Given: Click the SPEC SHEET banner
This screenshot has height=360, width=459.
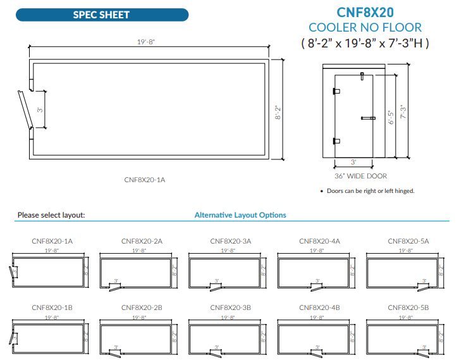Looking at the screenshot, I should click(101, 14).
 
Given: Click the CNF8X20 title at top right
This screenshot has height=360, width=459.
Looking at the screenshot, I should click(364, 12).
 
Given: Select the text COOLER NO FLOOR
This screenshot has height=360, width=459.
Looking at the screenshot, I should click(365, 28).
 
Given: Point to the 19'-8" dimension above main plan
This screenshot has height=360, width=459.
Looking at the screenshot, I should click(147, 42).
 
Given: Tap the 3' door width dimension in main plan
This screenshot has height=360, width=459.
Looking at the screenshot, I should click(40, 110).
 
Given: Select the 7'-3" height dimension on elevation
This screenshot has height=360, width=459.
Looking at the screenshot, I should click(400, 111).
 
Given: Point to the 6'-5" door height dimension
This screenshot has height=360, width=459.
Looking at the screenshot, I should click(390, 117).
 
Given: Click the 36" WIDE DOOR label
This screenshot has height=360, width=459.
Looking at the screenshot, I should click(360, 176).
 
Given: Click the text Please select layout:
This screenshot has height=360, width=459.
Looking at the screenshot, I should click(51, 215).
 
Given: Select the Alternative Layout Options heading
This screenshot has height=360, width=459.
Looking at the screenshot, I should click(240, 215).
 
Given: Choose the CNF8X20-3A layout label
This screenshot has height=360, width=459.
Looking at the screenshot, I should click(230, 241).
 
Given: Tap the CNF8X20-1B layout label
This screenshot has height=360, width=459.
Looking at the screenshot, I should click(52, 307).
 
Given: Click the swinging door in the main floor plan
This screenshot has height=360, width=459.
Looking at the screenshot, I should click(25, 110).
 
